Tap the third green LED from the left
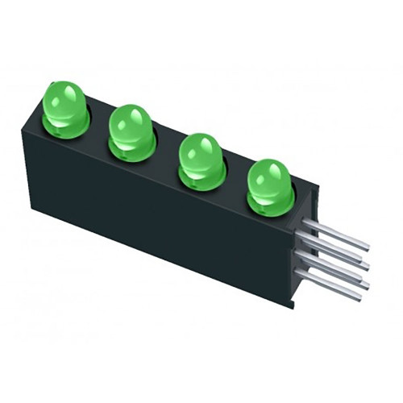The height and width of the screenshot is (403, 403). click(199, 152)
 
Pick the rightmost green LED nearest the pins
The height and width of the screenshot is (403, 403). click(268, 179)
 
